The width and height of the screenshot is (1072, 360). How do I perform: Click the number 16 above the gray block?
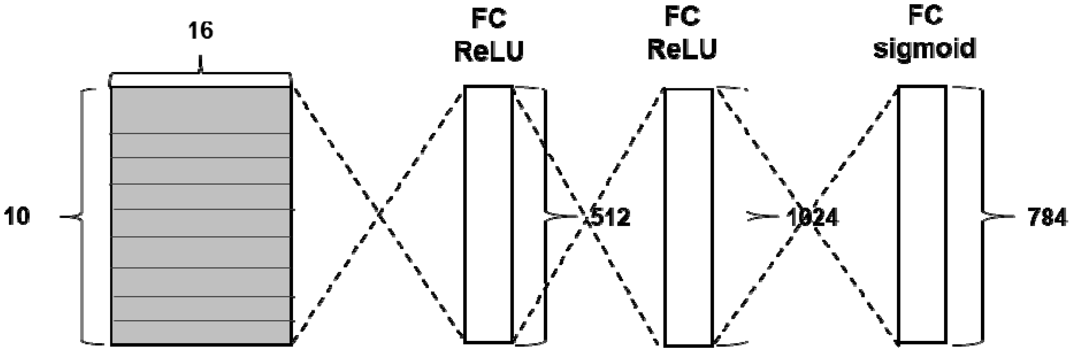[201, 31]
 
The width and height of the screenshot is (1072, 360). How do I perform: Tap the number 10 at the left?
[17, 217]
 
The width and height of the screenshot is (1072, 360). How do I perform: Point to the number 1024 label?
[812, 217]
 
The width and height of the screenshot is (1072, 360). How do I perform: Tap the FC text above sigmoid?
[925, 16]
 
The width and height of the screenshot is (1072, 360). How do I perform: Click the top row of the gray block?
[201, 110]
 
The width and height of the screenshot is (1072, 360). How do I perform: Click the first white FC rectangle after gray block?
[488, 214]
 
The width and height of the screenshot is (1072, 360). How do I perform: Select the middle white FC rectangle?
[688, 217]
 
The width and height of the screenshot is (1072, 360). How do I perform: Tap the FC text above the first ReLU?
[488, 19]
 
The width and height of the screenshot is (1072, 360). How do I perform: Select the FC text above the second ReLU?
[683, 17]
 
